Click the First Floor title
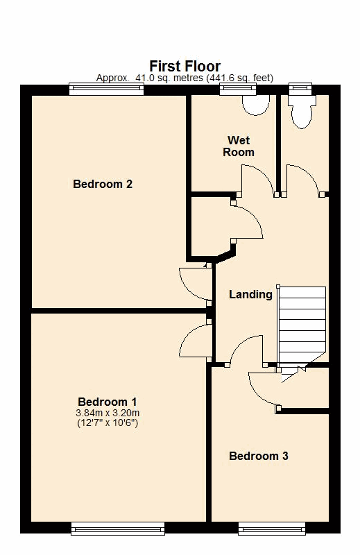185,66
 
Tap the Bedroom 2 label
103,184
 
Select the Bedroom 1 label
108,402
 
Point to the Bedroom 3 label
259,456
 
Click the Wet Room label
239,146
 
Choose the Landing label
250,294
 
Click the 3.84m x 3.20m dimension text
108,413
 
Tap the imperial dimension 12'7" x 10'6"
108,422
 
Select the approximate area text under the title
185,78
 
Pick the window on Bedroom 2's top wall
107,89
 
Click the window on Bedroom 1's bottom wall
118,529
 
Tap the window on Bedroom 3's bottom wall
272,529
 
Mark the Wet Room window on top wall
238,89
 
